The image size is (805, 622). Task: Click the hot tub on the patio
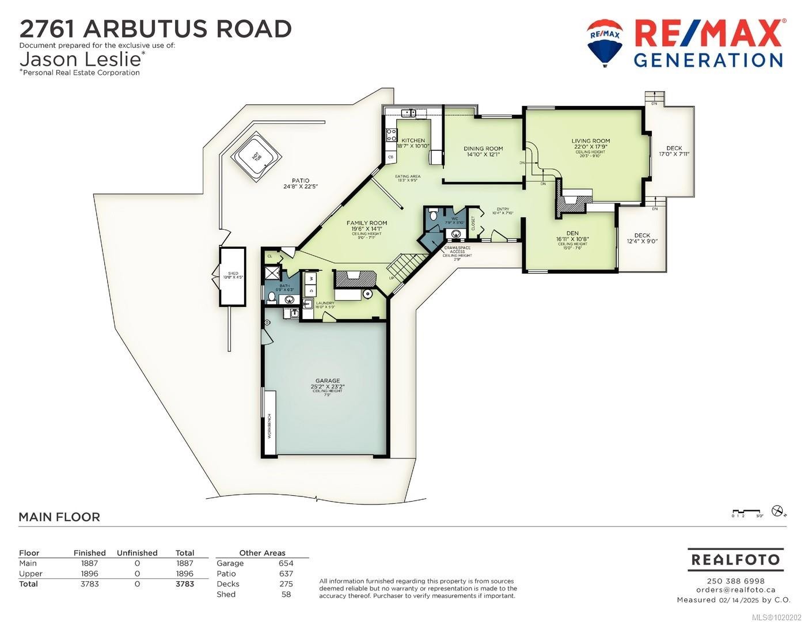(257, 156)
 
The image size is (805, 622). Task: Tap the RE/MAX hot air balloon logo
(605, 41)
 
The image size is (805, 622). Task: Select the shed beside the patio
(233, 276)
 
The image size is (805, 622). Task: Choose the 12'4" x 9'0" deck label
(642, 238)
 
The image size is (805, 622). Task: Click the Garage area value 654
(286, 563)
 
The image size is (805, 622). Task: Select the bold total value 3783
(184, 584)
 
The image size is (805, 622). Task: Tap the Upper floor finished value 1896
(89, 574)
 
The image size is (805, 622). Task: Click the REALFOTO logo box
(735, 559)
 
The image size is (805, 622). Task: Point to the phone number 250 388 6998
(735, 581)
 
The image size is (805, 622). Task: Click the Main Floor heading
(59, 517)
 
